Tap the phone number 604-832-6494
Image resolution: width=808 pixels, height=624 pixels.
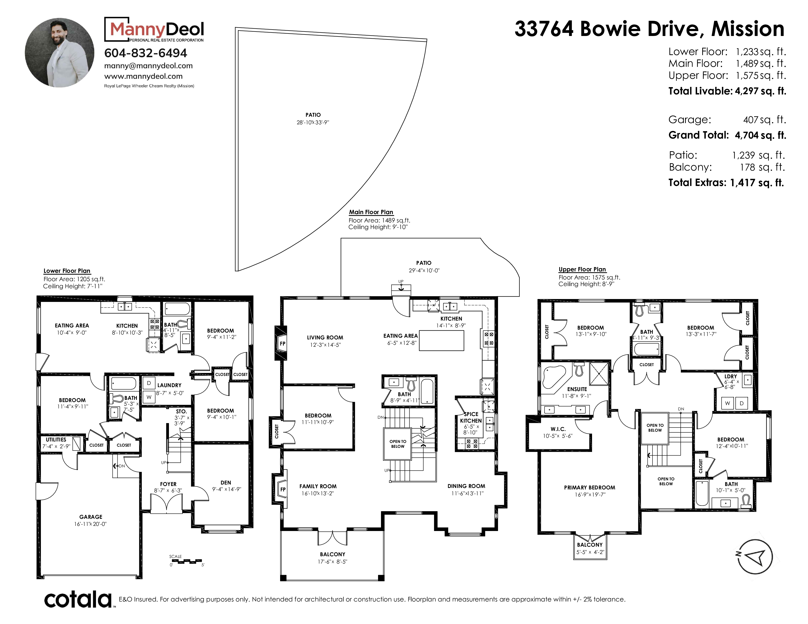pyautogui.click(x=146, y=53)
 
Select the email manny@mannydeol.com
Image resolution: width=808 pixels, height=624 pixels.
pyautogui.click(x=148, y=66)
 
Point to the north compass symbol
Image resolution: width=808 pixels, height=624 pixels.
pyautogui.click(x=755, y=557)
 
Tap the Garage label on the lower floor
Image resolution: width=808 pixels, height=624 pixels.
pyautogui.click(x=91, y=517)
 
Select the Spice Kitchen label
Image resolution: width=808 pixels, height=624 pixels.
pyautogui.click(x=471, y=417)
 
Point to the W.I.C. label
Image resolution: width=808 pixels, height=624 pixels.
pyautogui.click(x=558, y=429)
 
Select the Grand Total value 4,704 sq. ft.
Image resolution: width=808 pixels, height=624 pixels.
pyautogui.click(x=760, y=135)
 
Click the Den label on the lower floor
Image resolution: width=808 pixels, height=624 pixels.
pyautogui.click(x=226, y=482)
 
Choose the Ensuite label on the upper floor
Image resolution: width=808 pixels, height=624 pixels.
pyautogui.click(x=577, y=389)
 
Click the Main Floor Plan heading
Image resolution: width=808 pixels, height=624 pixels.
pyautogui.click(x=371, y=212)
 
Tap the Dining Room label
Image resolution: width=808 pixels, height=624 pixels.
pyautogui.click(x=466, y=486)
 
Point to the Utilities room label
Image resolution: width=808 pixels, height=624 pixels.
pyautogui.click(x=56, y=439)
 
